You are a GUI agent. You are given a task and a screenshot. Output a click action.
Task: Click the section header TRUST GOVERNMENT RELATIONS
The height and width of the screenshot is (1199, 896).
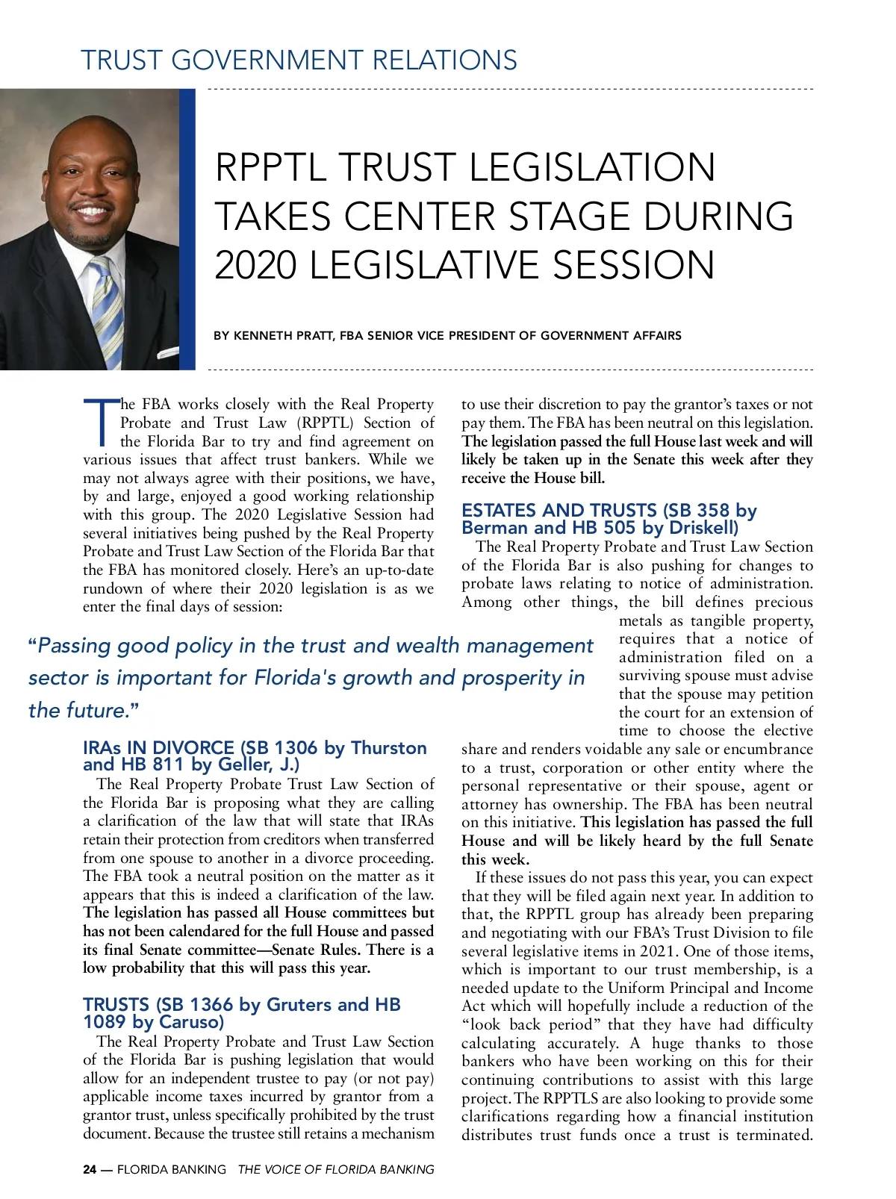299,60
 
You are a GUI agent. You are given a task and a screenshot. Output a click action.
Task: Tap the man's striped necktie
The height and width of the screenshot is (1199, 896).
109,314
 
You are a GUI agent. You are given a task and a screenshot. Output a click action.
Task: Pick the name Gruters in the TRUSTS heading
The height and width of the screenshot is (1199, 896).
299,1005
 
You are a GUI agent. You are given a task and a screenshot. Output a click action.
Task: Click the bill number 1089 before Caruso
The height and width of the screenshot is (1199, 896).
104,1022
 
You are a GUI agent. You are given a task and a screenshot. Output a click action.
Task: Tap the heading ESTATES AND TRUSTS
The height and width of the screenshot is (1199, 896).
559,511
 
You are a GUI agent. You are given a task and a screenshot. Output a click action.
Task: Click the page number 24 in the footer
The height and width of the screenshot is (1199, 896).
90,1170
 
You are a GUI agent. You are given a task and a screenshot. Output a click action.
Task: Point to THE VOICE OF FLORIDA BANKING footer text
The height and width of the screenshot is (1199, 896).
335,1170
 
